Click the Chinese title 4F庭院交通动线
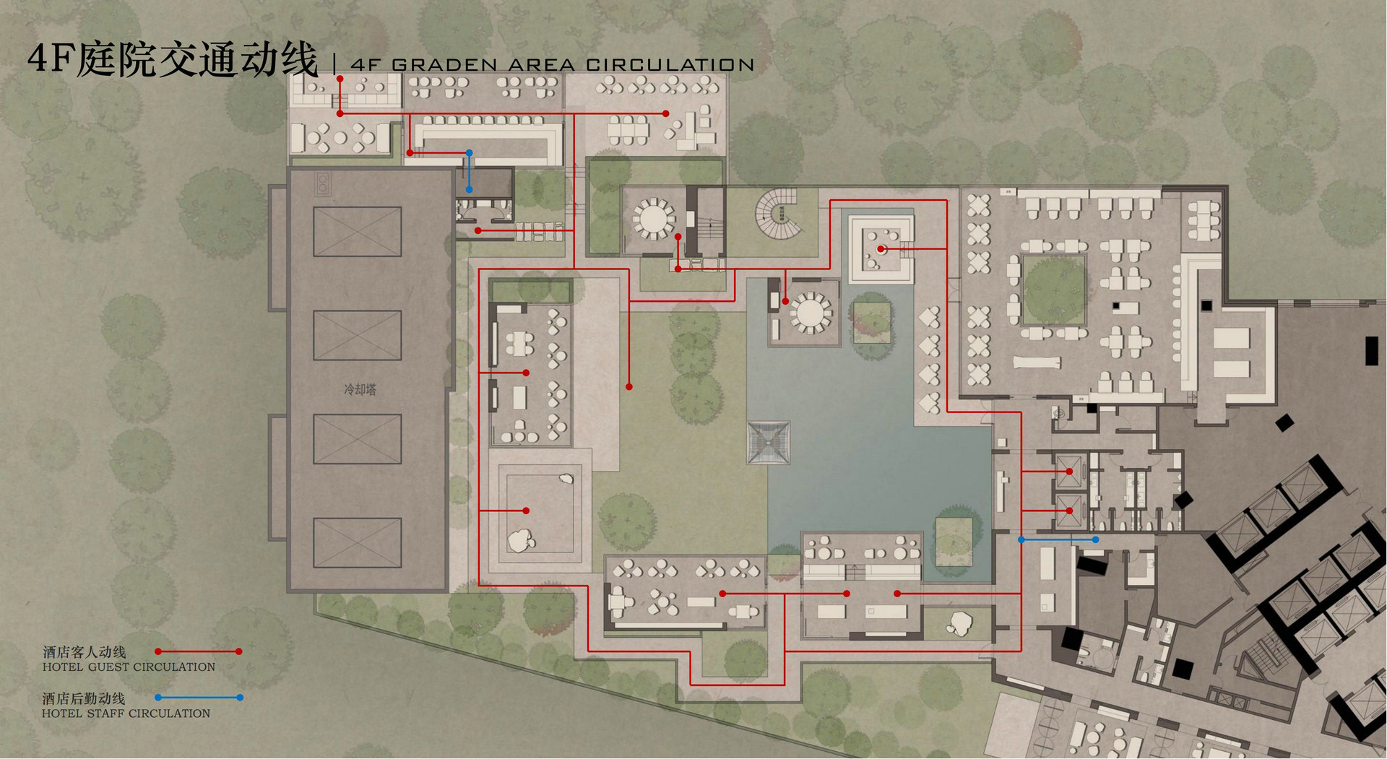pos(173,59)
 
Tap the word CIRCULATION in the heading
pos(670,65)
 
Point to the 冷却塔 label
pos(360,390)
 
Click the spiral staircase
pos(779,213)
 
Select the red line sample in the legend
pos(199,651)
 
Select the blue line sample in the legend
pos(199,698)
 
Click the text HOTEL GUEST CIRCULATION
pos(129,667)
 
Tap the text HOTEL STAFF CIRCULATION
pos(126,714)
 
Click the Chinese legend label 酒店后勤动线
pos(84,698)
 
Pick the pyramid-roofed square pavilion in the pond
pos(769,442)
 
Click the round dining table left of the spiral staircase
pos(653,217)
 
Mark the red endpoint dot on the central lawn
pos(629,387)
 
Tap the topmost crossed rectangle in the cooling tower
pos(357,231)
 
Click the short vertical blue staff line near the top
pos(469,171)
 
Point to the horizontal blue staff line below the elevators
pos(1058,539)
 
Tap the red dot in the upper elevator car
pos(1069,472)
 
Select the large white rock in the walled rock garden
pos(520,540)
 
